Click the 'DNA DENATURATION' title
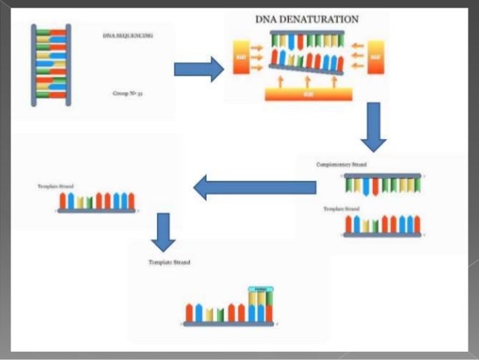(306, 19)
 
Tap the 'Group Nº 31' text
(122, 94)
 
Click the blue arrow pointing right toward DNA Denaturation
(198, 69)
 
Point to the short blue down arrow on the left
(163, 231)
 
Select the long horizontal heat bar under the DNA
(307, 95)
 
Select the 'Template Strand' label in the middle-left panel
(54, 186)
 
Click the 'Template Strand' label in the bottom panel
(169, 263)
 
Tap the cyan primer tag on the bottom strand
(260, 289)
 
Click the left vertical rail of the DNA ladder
(35, 64)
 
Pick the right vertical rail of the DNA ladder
(68, 64)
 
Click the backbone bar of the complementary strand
(382, 175)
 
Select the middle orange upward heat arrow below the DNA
(306, 80)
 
